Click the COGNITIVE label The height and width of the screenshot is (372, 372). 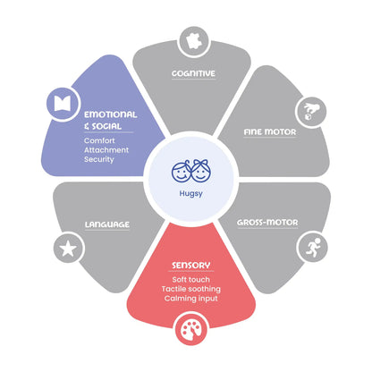click(x=193, y=73)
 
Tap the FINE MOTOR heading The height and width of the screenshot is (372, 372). click(x=270, y=132)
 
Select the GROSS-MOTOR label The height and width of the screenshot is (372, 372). click(x=267, y=223)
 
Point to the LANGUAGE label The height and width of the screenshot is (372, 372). click(x=107, y=224)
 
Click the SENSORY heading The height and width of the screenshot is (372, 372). click(x=191, y=266)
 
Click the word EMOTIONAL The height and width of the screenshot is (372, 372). click(x=111, y=114)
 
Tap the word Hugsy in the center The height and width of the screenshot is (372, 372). click(x=190, y=194)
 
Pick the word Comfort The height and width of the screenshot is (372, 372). click(x=99, y=140)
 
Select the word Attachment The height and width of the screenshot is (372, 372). click(x=106, y=150)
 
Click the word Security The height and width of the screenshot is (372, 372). click(x=99, y=159)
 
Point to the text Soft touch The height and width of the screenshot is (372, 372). click(x=190, y=280)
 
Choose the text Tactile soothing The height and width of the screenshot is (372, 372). click(x=191, y=289)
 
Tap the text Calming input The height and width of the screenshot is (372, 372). click(x=191, y=299)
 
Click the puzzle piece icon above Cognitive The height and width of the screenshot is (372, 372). click(x=195, y=41)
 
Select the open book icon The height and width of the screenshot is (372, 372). click(x=63, y=104)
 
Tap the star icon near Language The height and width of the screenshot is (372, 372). click(x=68, y=249)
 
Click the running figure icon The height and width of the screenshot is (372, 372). click(x=313, y=247)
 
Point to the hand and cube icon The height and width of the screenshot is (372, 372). click(x=311, y=112)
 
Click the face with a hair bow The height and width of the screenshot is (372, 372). click(x=200, y=171)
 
